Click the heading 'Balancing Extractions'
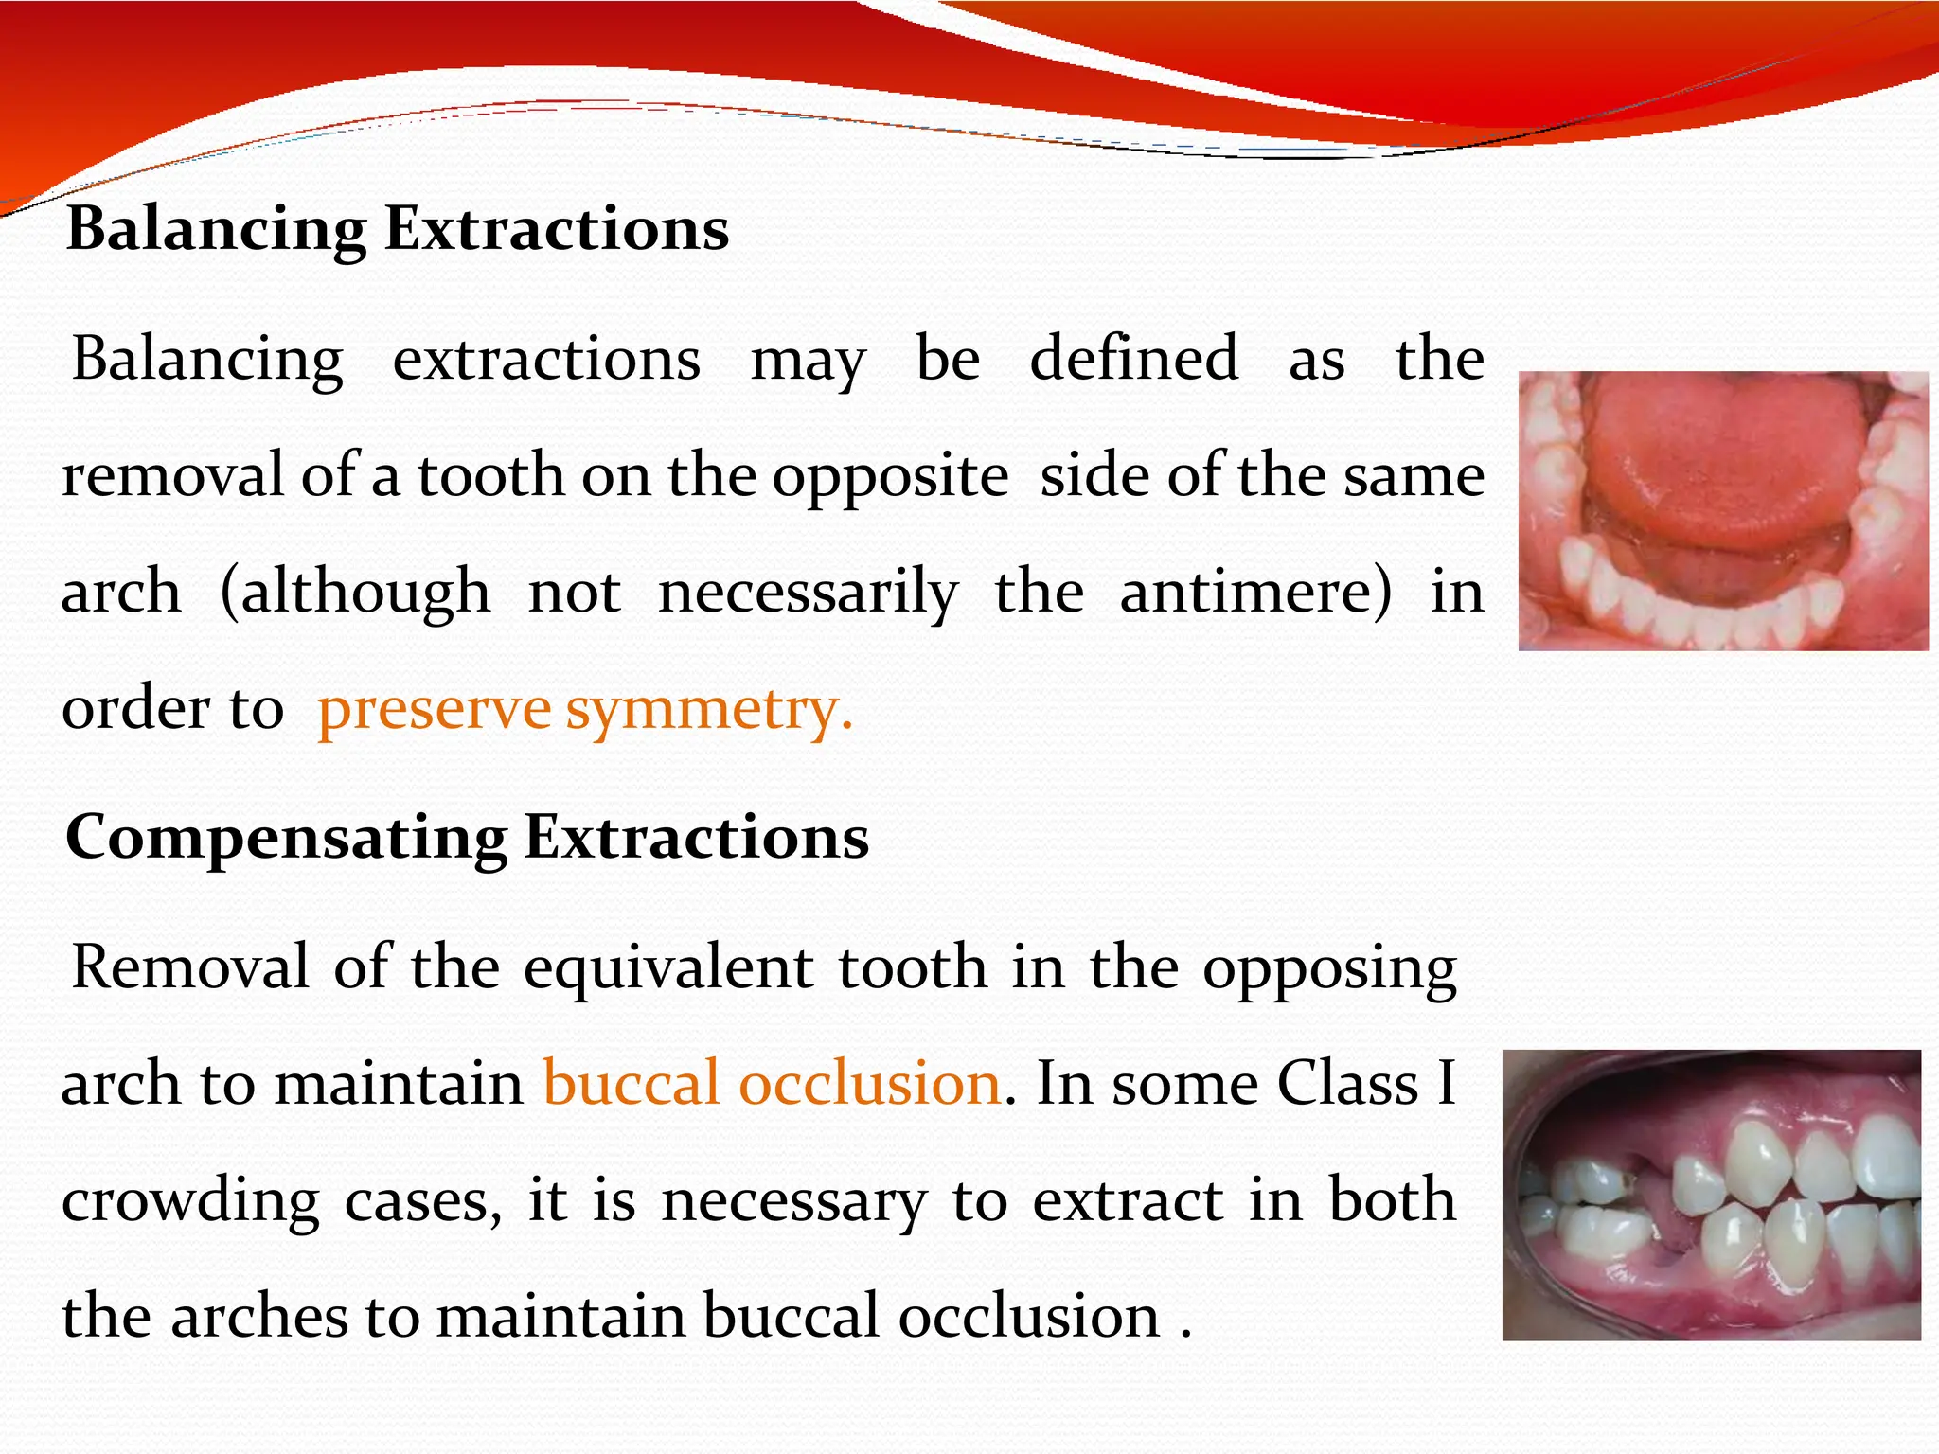[x=398, y=230]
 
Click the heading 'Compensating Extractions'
[x=467, y=838]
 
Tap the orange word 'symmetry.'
[x=709, y=709]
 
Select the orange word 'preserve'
[x=434, y=709]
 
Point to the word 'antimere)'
[x=1255, y=592]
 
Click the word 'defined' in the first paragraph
[x=1133, y=359]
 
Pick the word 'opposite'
[x=890, y=475]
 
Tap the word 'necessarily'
[x=808, y=592]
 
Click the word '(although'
[x=355, y=592]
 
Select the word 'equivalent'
[x=668, y=967]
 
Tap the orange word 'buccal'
[x=631, y=1084]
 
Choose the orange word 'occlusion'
[x=869, y=1084]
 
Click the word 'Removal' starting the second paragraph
[x=190, y=967]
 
